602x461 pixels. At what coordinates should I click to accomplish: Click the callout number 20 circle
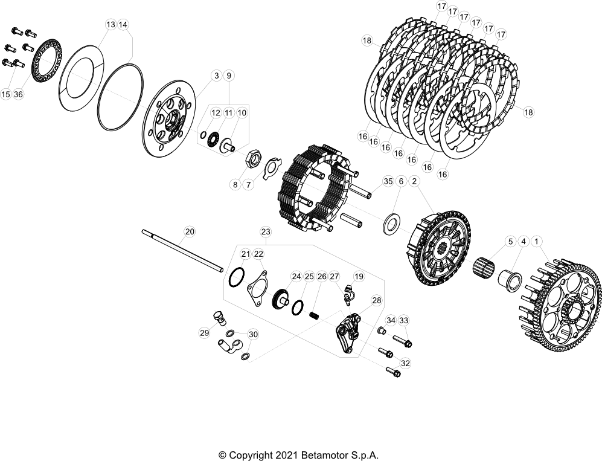189,231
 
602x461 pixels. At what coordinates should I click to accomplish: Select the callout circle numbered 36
18,94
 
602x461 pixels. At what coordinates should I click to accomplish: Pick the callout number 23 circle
265,231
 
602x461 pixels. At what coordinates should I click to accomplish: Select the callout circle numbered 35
388,181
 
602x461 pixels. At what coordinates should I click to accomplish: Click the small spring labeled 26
314,315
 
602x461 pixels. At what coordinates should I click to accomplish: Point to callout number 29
204,332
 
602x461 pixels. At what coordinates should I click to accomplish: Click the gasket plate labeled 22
258,287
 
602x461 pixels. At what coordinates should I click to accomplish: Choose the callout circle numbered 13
110,25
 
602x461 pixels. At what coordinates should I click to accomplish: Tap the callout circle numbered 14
123,25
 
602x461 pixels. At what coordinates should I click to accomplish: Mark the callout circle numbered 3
216,76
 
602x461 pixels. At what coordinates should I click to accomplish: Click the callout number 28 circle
376,300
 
